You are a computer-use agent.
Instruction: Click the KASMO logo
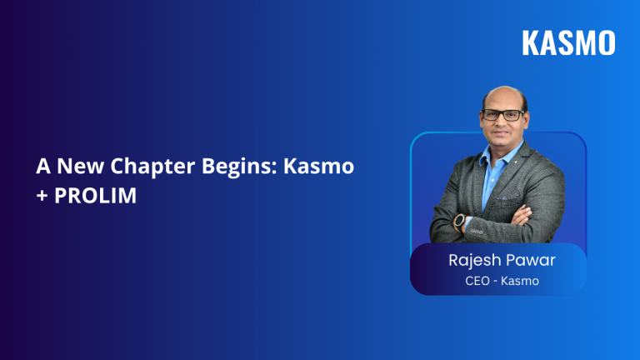point(568,42)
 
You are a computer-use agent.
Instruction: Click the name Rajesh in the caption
point(476,260)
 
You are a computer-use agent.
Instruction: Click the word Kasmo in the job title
point(522,281)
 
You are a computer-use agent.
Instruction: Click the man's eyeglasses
point(503,115)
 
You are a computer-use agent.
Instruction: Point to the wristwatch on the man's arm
point(460,222)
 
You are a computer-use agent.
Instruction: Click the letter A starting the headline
point(42,166)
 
